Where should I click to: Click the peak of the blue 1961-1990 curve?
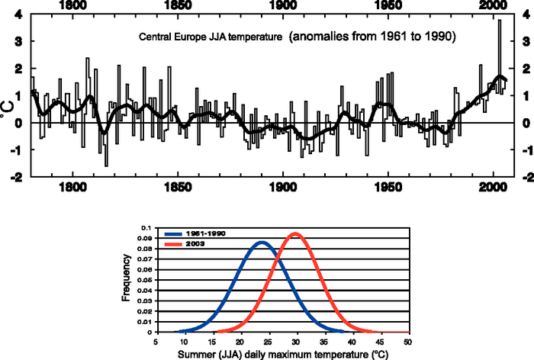click(262, 243)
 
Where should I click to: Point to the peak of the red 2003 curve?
click(295, 233)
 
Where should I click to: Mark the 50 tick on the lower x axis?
click(408, 342)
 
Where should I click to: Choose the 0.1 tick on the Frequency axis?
click(146, 228)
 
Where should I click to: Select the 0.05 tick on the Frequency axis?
click(145, 280)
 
